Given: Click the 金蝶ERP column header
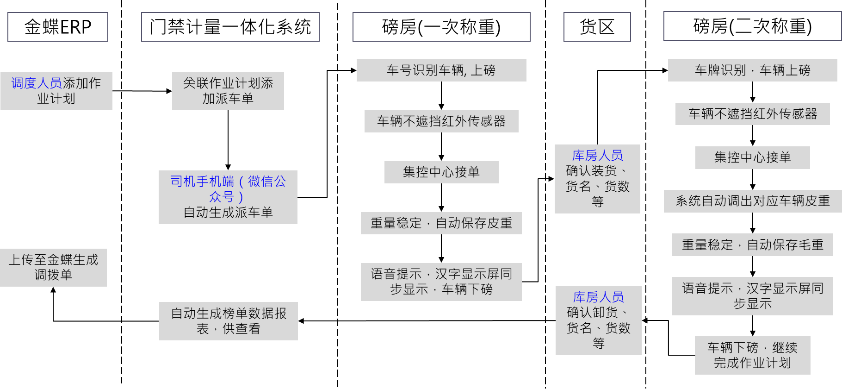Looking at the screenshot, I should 58,27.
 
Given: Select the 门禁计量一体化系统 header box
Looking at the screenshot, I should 230,27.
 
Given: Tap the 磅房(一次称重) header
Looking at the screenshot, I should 441,27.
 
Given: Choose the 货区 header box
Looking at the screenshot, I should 597,27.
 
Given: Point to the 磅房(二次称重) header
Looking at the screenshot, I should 752,26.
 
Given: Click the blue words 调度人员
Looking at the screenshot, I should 37,83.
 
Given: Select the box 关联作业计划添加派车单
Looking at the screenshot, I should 228,91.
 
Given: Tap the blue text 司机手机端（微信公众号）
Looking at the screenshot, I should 228,188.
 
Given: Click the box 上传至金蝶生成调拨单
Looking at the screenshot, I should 53,267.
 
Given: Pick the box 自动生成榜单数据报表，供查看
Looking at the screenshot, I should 228,321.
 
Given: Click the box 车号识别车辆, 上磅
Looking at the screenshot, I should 441,70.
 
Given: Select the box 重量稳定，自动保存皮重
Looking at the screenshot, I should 441,223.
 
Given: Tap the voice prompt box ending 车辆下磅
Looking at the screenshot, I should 441,282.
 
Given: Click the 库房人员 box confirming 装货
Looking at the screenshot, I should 597,179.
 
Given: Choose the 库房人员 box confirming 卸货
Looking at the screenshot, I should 598,320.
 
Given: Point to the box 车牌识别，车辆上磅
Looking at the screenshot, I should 752,70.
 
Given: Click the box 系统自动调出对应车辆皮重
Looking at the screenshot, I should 752,201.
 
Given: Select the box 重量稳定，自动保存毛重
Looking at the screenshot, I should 752,245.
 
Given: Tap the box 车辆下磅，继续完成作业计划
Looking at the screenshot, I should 752,355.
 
